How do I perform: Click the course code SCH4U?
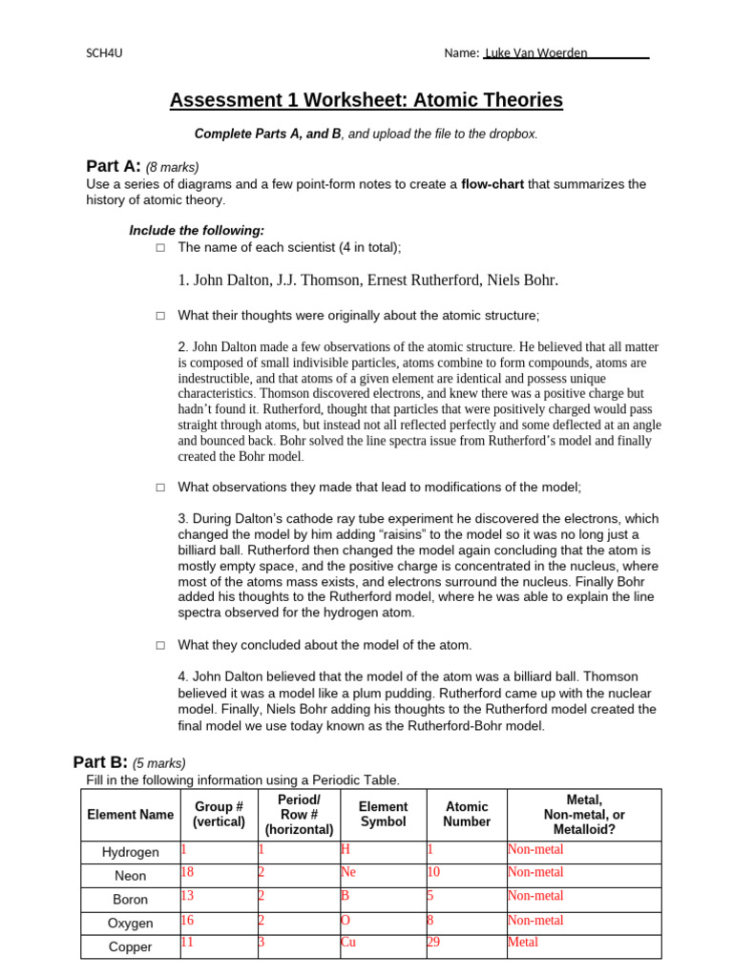pos(104,53)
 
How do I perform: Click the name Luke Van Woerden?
pos(537,53)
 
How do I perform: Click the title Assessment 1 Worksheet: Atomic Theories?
pos(366,100)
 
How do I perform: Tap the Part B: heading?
pos(100,761)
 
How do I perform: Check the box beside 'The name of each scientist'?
pos(160,248)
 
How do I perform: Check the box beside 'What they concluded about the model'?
pos(160,646)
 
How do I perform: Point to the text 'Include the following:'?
pos(197,231)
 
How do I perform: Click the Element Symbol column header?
pos(384,814)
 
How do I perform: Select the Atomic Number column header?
pos(467,814)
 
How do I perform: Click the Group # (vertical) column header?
pos(219,814)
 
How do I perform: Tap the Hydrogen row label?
pos(131,852)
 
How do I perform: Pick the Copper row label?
pos(131,947)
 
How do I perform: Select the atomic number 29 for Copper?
pos(434,943)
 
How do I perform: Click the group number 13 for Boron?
pos(187,896)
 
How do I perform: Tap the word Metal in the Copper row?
pos(523,943)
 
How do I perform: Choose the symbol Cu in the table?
pos(348,943)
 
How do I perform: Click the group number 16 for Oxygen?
pos(187,921)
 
